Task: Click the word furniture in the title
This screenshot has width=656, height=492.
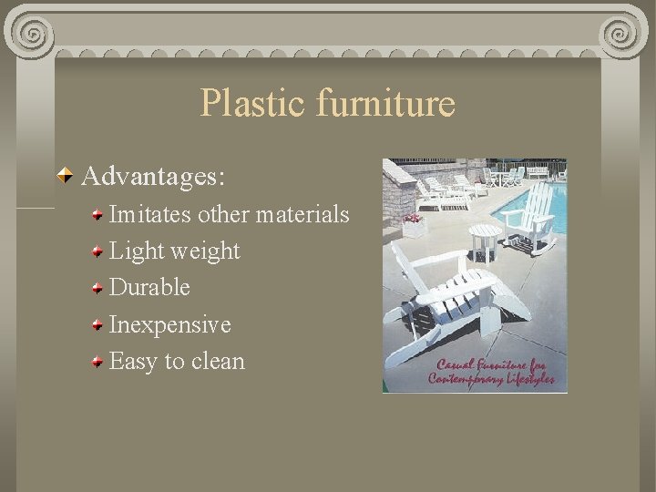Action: [x=384, y=104]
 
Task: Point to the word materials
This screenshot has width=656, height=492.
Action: [x=302, y=214]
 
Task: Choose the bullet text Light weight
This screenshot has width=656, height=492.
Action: [x=174, y=251]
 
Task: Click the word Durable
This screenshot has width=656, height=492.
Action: [x=149, y=287]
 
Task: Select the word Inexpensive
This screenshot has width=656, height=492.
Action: [x=169, y=324]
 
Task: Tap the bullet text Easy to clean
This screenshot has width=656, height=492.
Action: [x=177, y=361]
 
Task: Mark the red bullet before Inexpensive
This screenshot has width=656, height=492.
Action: [x=97, y=325]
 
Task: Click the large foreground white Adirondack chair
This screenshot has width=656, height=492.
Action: [x=446, y=301]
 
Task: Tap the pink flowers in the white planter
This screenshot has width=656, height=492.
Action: [x=413, y=219]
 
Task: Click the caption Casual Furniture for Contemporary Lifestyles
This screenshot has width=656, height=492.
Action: [x=492, y=372]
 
